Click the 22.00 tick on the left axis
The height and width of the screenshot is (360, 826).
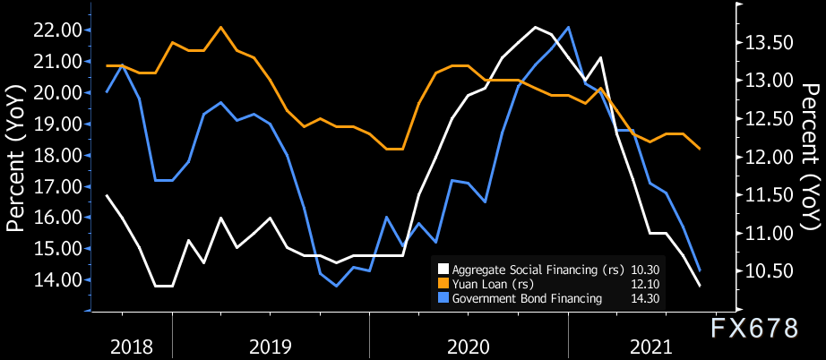(x=57, y=30)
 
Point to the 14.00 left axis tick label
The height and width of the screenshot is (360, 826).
(x=57, y=280)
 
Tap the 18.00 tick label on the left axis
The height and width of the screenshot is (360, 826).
(x=57, y=156)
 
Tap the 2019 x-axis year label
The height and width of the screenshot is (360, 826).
(x=271, y=346)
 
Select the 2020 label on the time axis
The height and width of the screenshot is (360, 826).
(x=469, y=346)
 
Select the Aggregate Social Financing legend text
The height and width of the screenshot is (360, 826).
(x=526, y=268)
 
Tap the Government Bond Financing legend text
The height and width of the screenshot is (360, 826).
(x=527, y=298)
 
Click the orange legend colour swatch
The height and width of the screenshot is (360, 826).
(x=443, y=283)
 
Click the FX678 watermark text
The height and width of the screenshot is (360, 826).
(x=754, y=328)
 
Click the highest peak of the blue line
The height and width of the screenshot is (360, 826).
(x=569, y=27)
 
